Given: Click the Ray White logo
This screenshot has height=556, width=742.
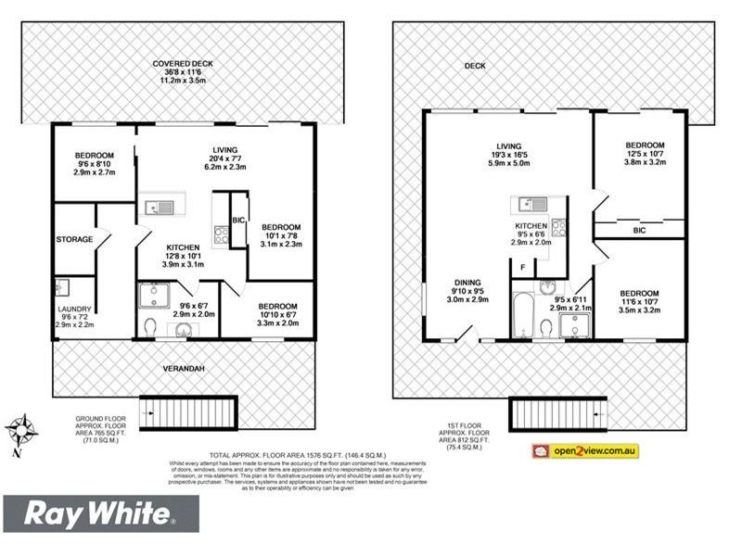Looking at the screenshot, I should click(x=100, y=513).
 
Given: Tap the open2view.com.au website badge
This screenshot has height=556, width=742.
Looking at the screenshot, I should click(x=584, y=451).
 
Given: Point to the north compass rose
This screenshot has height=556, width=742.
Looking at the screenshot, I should click(x=20, y=431).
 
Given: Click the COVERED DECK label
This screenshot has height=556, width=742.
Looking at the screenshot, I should click(x=183, y=64).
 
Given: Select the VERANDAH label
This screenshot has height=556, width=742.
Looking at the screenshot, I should click(x=185, y=368).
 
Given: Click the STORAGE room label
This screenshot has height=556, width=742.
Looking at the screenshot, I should click(x=74, y=239).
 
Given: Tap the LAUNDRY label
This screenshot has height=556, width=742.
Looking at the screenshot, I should click(x=74, y=309).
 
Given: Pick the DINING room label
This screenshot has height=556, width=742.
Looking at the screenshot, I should click(x=467, y=284).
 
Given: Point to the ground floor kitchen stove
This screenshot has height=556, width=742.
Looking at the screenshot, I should click(x=222, y=234).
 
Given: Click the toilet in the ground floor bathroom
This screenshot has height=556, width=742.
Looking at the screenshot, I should click(x=150, y=325).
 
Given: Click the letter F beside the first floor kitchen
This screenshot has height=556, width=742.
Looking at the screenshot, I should click(x=523, y=269).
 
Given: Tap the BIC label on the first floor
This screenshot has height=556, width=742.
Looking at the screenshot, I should click(x=639, y=230).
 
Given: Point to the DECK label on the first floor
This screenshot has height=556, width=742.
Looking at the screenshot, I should click(x=476, y=66).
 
